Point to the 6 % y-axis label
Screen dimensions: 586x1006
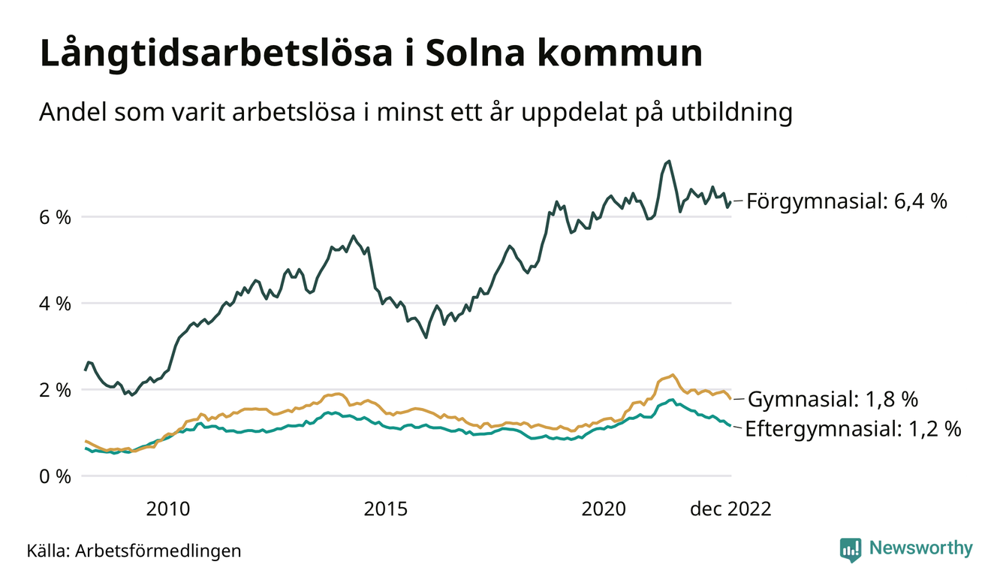[55, 217]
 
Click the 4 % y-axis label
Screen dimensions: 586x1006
[55, 304]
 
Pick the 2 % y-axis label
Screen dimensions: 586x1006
[55, 390]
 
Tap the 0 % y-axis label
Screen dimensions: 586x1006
[55, 476]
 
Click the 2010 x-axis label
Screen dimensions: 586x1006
[168, 509]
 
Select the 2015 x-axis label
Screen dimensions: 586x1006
[386, 509]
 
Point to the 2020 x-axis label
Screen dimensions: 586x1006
[604, 509]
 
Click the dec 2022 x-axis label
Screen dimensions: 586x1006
[731, 509]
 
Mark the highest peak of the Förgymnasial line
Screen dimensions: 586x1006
[669, 161]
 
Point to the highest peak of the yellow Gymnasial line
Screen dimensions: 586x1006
[673, 374]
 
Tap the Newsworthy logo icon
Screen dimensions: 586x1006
[851, 549]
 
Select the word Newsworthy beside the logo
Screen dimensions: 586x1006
[920, 548]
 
